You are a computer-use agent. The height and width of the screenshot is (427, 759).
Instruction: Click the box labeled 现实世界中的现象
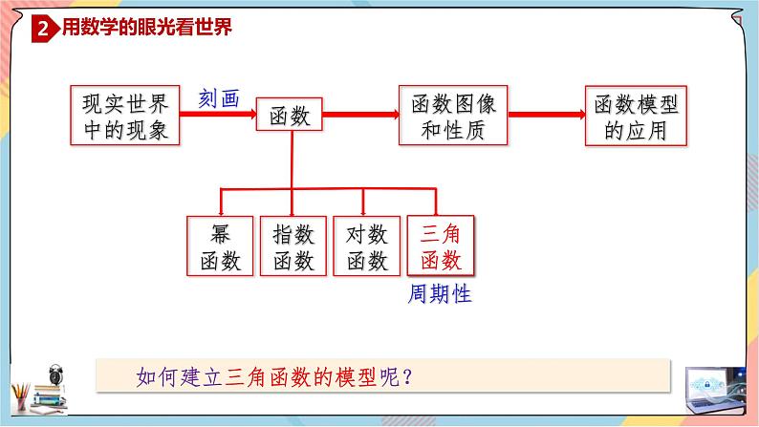[x=125, y=116]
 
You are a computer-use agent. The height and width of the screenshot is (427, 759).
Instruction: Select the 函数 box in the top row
[x=290, y=117]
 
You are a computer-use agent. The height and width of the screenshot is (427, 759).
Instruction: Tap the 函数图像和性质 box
[x=453, y=116]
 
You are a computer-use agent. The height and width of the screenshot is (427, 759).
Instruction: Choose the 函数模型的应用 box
[x=636, y=116]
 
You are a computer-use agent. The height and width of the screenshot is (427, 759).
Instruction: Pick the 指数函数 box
[x=293, y=246]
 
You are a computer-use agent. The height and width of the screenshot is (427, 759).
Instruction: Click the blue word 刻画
[x=218, y=96]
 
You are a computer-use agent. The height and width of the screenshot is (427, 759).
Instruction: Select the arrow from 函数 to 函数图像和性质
[x=360, y=117]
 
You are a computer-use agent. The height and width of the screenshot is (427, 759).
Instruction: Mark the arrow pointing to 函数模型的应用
[x=546, y=116]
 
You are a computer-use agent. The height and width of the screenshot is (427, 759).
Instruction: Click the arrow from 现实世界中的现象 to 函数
[x=217, y=116]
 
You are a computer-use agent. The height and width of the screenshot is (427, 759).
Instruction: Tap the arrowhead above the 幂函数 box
[x=221, y=209]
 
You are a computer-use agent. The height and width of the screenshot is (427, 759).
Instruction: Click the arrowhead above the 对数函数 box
[x=364, y=209]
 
